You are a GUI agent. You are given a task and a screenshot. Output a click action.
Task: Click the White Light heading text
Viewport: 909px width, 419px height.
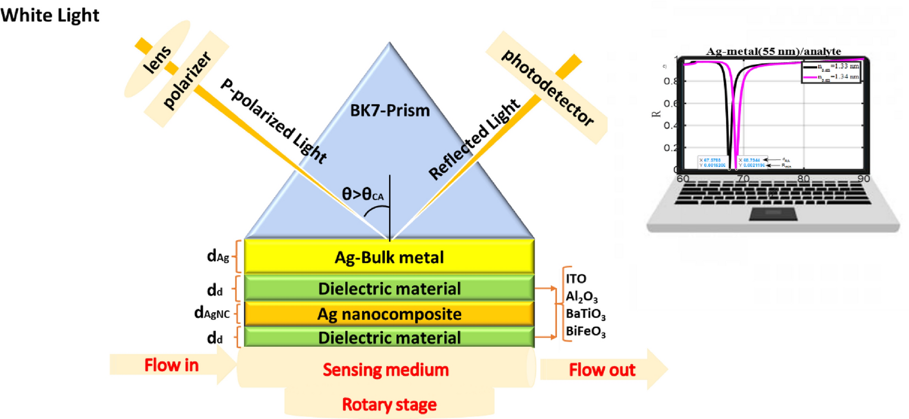50,15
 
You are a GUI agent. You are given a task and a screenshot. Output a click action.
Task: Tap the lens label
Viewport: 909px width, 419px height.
157,59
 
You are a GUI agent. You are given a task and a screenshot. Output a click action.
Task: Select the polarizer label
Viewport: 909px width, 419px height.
187,79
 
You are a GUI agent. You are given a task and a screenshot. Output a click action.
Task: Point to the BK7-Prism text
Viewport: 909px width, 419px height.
390,111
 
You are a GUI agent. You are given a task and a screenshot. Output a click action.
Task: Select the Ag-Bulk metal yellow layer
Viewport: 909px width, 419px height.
389,257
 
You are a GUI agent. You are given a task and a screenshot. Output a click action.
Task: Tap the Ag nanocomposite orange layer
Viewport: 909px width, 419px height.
389,314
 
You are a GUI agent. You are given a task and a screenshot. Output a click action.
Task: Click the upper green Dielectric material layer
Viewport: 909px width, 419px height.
389,288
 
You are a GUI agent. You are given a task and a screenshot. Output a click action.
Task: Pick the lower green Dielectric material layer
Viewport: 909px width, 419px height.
389,337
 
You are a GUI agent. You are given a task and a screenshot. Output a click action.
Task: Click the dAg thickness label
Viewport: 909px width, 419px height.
218,256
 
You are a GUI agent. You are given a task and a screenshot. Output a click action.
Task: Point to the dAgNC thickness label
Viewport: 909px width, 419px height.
212,313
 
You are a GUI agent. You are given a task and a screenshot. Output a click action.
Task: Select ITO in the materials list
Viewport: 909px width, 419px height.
576,279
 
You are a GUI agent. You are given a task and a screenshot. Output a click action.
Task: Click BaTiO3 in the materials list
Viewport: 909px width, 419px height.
585,314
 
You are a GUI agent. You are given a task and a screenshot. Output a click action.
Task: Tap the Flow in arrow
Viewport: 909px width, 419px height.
171,365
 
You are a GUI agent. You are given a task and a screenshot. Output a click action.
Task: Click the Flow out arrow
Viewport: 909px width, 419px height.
602,370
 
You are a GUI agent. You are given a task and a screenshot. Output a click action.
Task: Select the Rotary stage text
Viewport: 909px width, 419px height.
389,405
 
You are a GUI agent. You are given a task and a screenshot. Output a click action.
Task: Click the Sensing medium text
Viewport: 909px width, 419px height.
385,370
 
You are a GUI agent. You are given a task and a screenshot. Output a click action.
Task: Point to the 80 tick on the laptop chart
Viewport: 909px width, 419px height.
803,179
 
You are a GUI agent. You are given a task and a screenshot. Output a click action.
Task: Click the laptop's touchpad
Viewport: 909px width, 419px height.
773,213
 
